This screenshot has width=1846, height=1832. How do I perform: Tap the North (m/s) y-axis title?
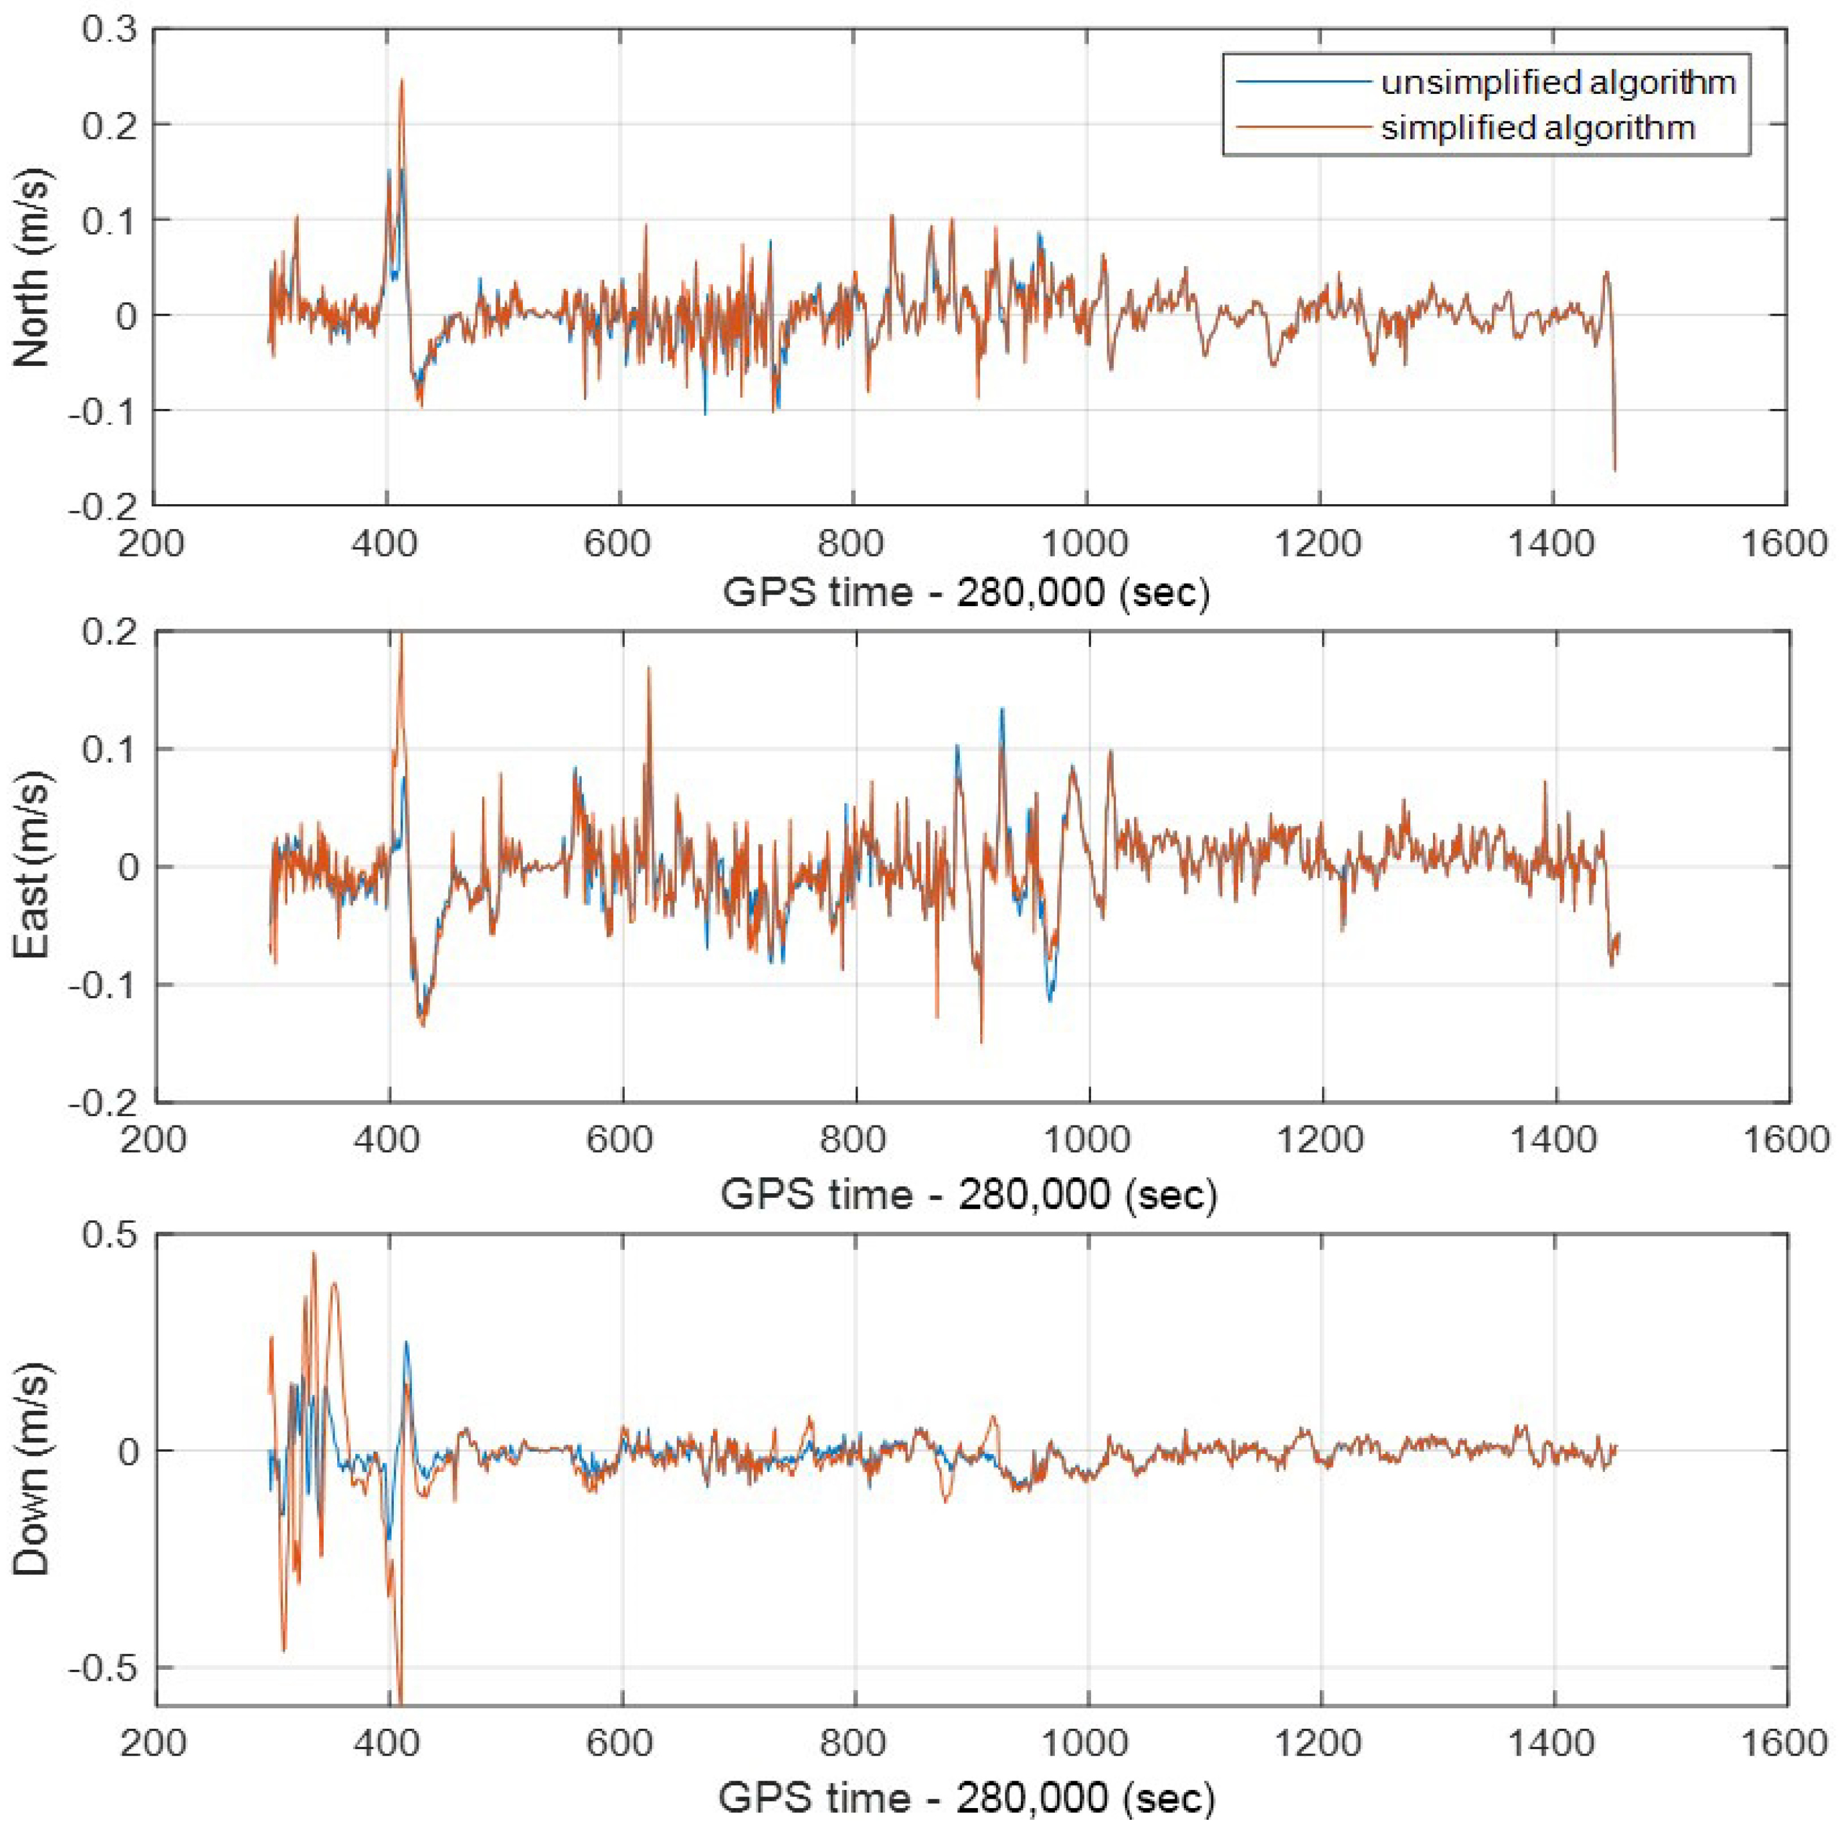tap(33, 268)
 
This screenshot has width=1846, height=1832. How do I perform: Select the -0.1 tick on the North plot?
tap(103, 411)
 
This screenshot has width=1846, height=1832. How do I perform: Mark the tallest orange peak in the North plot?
tap(402, 81)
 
